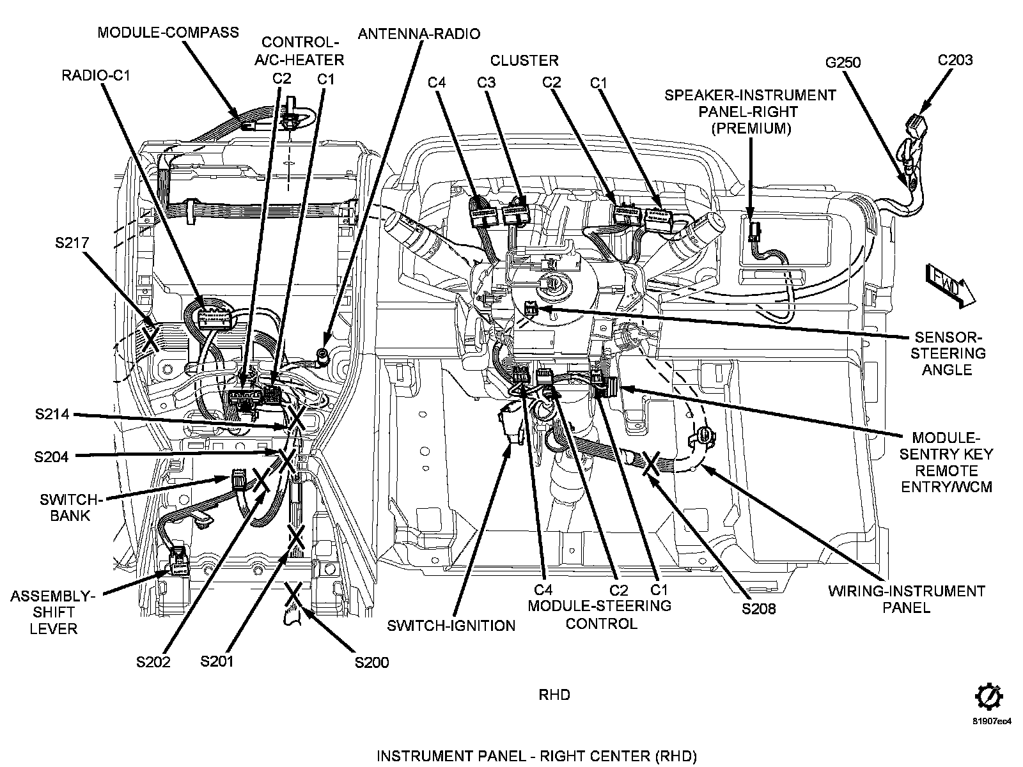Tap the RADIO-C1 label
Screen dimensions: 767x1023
click(95, 75)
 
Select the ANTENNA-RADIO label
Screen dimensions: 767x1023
click(419, 34)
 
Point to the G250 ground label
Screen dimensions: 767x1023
click(843, 63)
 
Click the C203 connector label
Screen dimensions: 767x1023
click(955, 60)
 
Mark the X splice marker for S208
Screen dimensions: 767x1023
click(652, 462)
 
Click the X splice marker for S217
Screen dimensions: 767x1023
click(150, 337)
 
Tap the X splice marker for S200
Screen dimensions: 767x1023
click(293, 594)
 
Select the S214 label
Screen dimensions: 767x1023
click(52, 415)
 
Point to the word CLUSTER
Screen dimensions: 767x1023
click(524, 61)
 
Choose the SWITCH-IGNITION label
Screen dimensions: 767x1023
click(451, 625)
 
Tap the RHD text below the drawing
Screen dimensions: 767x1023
click(554, 694)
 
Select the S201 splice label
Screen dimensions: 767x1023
click(217, 661)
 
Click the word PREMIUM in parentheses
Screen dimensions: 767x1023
click(750, 128)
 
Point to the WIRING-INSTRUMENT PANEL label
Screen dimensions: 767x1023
click(907, 599)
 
